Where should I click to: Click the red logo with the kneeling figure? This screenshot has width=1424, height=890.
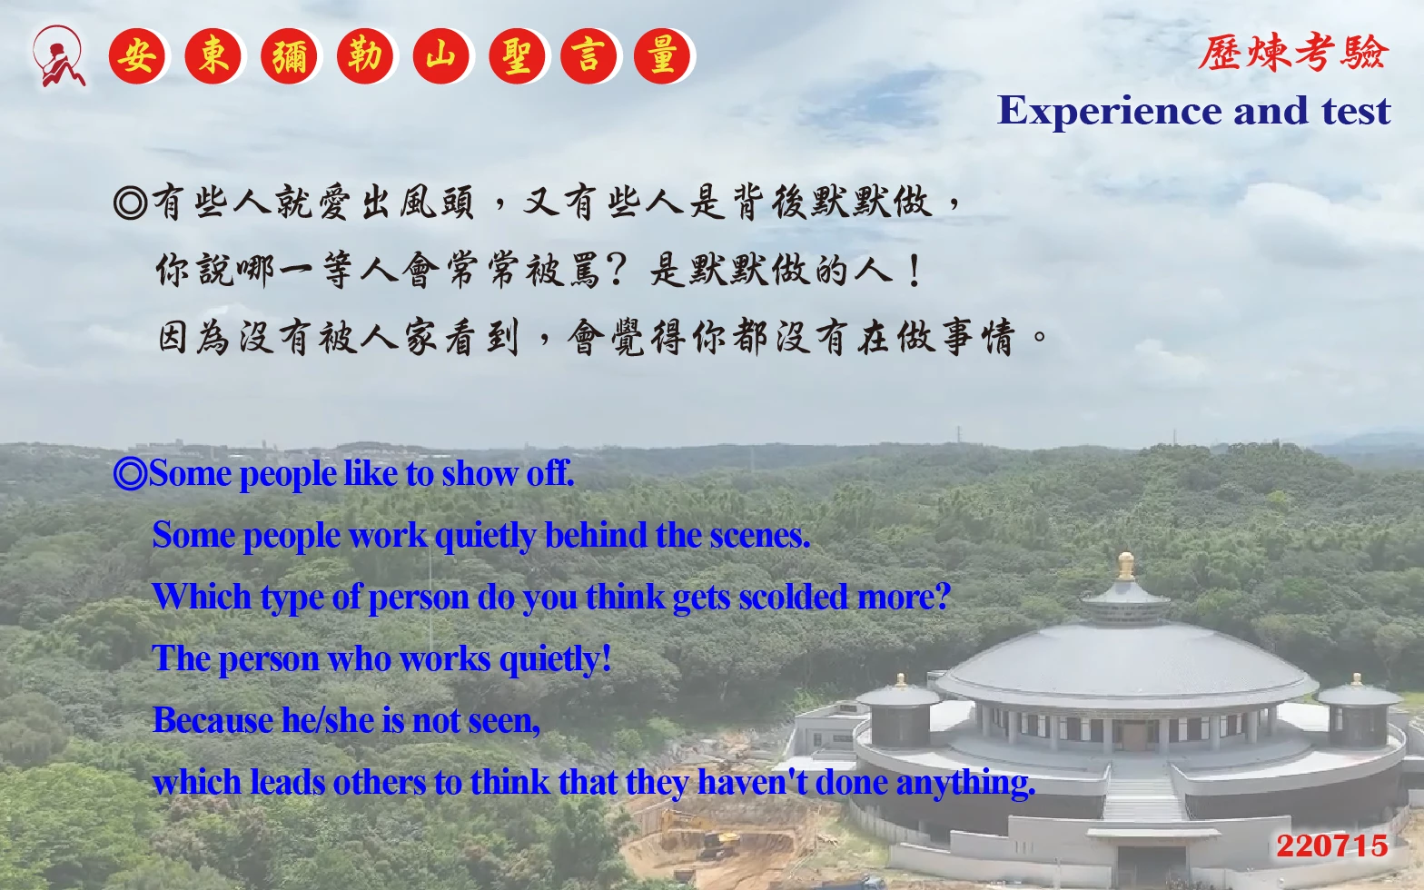pos(58,56)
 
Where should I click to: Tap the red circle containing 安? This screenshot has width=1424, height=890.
pos(136,56)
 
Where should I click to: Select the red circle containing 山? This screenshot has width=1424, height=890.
pos(440,56)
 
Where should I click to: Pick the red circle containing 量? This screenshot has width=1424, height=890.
pos(662,56)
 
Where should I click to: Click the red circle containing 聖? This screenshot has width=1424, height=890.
pos(517,56)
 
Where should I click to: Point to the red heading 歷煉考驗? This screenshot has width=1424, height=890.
pos(1293,52)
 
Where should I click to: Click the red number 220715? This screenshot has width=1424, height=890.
pos(1332,846)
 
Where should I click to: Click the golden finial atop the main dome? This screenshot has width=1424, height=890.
pos(1126,566)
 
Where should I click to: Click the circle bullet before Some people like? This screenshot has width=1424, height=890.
pos(130,474)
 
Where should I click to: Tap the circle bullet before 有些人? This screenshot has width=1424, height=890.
pos(131,203)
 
